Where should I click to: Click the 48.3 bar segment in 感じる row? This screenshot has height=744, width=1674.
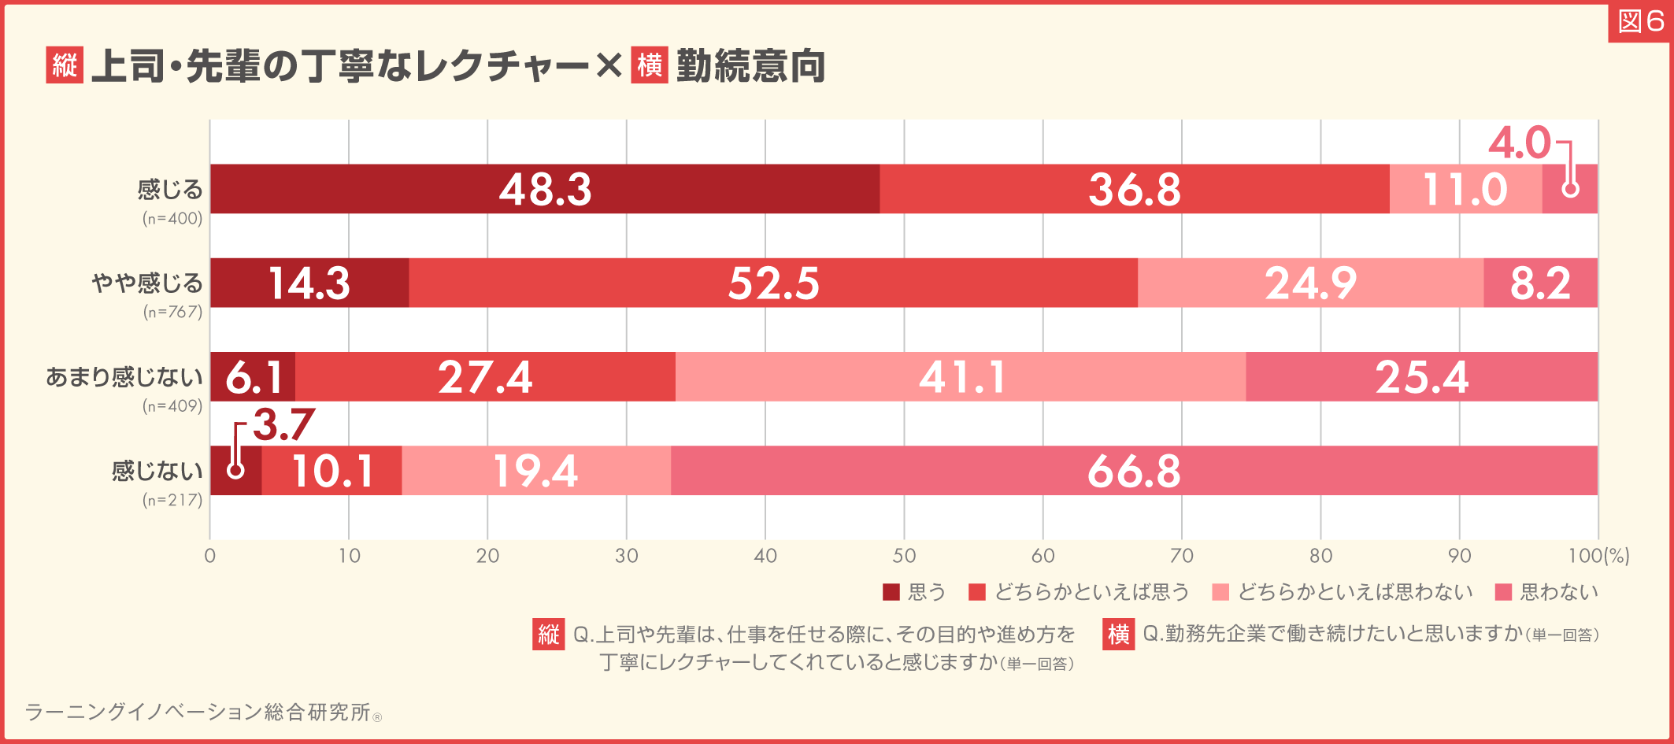pos(545,189)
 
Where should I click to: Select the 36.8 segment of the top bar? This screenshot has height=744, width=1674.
pos(1134,189)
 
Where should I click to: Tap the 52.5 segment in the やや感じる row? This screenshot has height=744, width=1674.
pos(773,283)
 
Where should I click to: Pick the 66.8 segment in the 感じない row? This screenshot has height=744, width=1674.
pos(1134,471)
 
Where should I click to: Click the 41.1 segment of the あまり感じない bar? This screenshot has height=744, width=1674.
pos(961,376)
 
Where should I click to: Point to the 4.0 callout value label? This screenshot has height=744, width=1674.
pos(1519,143)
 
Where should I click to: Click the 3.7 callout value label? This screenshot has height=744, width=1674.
pos(283,425)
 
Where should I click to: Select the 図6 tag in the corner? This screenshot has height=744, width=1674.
pos(1641,22)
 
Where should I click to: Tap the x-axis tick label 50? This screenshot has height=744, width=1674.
pos(904,556)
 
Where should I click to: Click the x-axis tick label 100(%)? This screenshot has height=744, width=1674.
pos(1598,556)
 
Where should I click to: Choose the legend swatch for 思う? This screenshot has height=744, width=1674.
pos(891,592)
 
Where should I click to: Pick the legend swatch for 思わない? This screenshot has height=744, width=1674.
pos(1503,592)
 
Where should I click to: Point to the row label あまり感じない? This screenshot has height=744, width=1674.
pos(124,377)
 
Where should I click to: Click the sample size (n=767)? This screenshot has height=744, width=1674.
pos(172,312)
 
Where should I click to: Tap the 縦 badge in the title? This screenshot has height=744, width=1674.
pos(65,65)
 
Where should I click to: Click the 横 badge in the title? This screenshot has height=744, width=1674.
pos(650,65)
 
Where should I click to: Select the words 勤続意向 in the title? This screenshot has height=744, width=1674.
pos(750,65)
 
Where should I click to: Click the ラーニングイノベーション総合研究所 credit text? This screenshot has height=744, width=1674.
pos(197,712)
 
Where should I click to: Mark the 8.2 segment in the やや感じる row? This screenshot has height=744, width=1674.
pos(1540,283)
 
